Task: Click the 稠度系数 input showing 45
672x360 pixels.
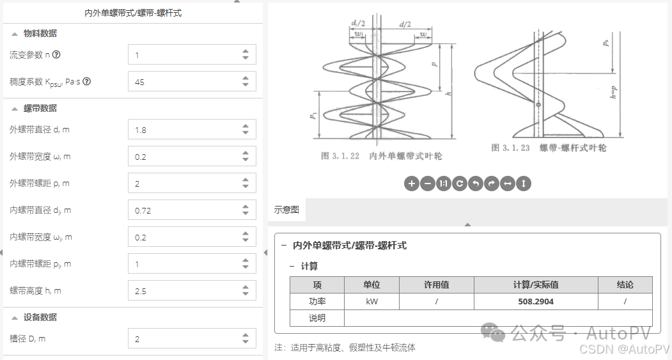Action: point(185,82)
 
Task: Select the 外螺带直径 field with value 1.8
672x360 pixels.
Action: point(185,130)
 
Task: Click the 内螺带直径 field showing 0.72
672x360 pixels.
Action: point(185,210)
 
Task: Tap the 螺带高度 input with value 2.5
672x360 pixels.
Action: point(185,291)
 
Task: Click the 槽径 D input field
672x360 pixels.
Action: point(185,339)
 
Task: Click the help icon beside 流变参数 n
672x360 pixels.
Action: point(56,55)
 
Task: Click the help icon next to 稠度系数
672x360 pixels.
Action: point(87,82)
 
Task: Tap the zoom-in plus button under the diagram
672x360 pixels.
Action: point(412,184)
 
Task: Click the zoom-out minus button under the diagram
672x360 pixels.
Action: point(428,184)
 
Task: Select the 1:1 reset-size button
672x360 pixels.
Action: point(444,184)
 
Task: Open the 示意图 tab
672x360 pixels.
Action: point(287,209)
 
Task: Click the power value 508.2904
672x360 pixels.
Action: point(536,301)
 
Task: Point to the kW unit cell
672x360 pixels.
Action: point(371,301)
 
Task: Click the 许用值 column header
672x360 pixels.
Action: point(436,285)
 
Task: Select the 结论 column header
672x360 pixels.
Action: point(625,285)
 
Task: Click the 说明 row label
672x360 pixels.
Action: point(316,318)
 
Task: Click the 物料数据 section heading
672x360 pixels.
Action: point(40,33)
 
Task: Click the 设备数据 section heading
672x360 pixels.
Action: point(40,317)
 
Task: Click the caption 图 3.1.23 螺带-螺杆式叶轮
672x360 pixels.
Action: point(549,148)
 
